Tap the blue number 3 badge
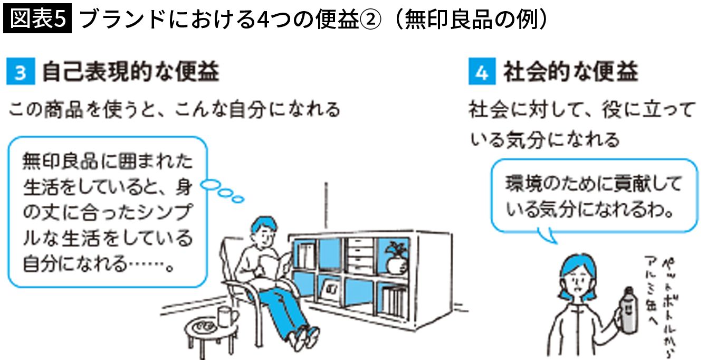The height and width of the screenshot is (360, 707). [x=20, y=72]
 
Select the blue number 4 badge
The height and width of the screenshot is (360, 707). [x=482, y=72]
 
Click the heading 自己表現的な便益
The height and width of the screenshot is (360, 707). [x=130, y=72]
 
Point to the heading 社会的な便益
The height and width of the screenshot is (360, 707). [x=570, y=72]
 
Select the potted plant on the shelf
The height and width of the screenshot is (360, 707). [x=395, y=257]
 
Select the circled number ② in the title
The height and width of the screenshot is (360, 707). [x=366, y=20]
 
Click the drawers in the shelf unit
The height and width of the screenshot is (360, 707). [x=360, y=256]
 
